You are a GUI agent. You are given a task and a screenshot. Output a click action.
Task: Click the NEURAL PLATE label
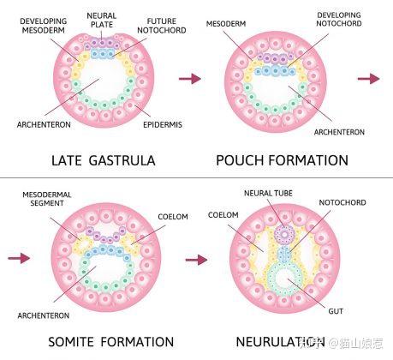point(101,20)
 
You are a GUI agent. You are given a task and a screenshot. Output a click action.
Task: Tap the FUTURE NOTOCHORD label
point(162,26)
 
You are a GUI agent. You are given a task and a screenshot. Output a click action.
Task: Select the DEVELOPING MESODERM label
point(44,26)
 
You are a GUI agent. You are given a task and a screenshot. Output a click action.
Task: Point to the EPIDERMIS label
point(163,124)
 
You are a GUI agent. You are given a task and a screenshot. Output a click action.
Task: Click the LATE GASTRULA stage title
point(104,160)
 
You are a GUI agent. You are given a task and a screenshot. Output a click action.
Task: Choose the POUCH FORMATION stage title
point(282,160)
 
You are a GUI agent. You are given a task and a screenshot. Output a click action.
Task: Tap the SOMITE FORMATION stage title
point(111,342)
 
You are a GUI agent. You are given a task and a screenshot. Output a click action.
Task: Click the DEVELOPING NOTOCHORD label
point(339,19)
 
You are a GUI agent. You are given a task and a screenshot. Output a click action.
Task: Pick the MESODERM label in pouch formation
point(226,23)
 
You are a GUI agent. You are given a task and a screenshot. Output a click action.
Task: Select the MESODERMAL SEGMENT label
point(47,199)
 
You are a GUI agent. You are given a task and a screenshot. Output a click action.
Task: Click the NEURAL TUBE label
point(268,194)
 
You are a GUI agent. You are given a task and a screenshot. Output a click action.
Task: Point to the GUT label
point(336,311)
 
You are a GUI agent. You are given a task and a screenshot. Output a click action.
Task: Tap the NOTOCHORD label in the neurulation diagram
point(342,202)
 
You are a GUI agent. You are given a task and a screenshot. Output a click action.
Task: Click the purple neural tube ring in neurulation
point(284,235)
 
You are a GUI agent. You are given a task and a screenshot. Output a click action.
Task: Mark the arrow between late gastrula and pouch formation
point(190,79)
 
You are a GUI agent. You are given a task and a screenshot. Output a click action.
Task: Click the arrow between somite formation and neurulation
point(196,260)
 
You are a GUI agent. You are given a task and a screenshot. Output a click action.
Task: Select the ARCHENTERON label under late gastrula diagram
point(44,125)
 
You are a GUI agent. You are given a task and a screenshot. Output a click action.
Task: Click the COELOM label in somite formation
point(173,217)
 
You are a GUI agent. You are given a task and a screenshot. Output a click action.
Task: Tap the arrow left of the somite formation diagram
point(19,258)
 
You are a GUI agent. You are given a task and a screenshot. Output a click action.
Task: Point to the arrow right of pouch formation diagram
point(369,79)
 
